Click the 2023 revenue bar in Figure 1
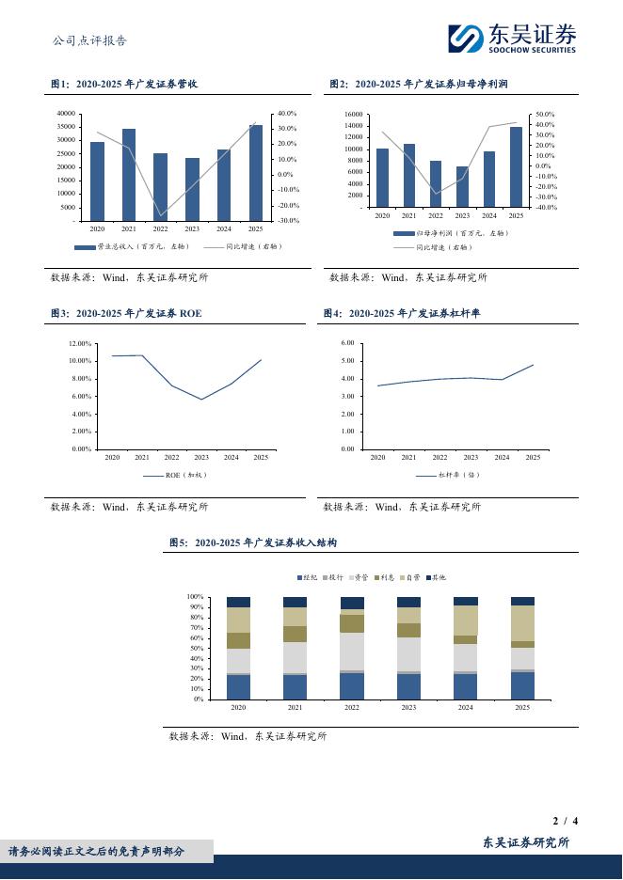point(192,189)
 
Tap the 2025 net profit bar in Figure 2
point(516,167)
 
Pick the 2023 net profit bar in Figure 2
point(462,187)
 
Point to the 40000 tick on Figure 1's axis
point(66,113)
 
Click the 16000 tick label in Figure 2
point(353,114)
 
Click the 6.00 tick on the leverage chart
point(347,344)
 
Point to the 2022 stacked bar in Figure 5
point(352,649)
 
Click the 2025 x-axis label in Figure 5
point(522,708)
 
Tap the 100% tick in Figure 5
point(196,597)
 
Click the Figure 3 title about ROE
point(126,313)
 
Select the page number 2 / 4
point(565,821)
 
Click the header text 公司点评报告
point(89,40)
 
